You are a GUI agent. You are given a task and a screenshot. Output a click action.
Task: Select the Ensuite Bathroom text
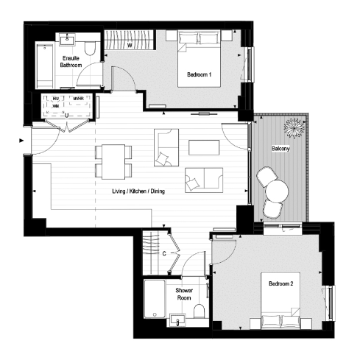click(x=71, y=62)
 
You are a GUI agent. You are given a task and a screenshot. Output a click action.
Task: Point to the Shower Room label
click(x=184, y=294)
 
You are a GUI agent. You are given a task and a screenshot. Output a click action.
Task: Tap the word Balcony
click(x=280, y=148)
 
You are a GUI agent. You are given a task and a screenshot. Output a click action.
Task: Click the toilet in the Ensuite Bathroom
click(x=89, y=48)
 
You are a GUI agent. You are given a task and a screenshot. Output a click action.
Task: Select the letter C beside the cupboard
click(x=163, y=255)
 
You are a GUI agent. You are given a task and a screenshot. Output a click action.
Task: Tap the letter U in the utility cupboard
click(x=67, y=115)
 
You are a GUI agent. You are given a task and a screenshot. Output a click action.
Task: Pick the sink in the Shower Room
click(x=177, y=319)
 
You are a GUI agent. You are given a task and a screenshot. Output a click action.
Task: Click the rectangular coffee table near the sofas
click(x=204, y=147)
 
